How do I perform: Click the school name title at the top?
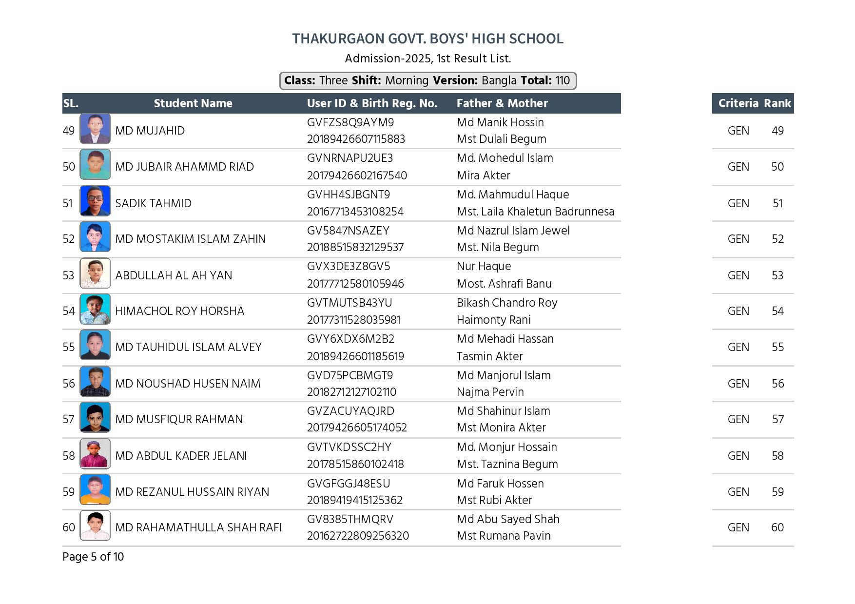pyautogui.click(x=427, y=39)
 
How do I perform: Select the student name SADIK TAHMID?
pyautogui.click(x=153, y=203)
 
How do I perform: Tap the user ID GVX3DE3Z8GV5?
pyautogui.click(x=348, y=267)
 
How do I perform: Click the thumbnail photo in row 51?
pyautogui.click(x=95, y=201)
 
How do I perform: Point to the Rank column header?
pyautogui.click(x=777, y=103)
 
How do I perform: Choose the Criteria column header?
pyautogui.click(x=738, y=103)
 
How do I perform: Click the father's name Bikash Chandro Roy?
pyautogui.click(x=507, y=303)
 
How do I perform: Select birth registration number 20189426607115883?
pyautogui.click(x=356, y=139)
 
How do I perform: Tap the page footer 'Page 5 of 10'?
pyautogui.click(x=93, y=557)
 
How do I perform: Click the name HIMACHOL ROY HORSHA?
pyautogui.click(x=179, y=311)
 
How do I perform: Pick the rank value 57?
pyautogui.click(x=777, y=419)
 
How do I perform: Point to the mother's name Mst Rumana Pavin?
pyautogui.click(x=504, y=536)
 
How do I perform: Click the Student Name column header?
pyautogui.click(x=193, y=103)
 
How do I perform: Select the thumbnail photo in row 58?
pyautogui.click(x=95, y=453)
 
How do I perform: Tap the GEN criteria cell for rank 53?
pyautogui.click(x=738, y=275)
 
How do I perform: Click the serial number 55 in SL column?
pyautogui.click(x=69, y=347)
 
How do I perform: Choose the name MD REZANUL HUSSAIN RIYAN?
pyautogui.click(x=192, y=492)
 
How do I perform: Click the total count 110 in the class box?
pyautogui.click(x=563, y=81)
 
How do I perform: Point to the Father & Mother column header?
pyautogui.click(x=502, y=103)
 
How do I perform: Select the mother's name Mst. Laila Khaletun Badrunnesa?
pyautogui.click(x=535, y=212)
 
